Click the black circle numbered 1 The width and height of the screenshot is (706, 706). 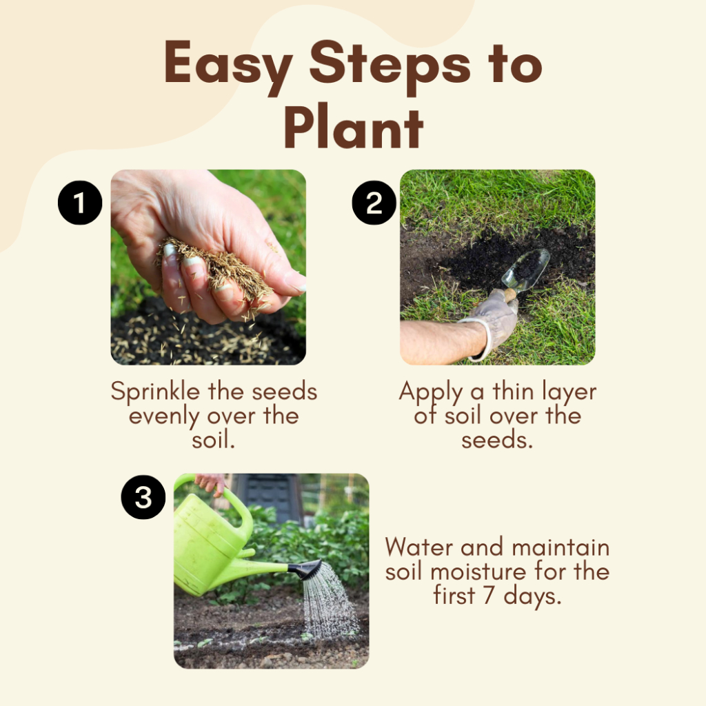click(80, 203)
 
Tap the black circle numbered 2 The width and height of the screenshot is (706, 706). click(374, 203)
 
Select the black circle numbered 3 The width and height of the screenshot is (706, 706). click(143, 497)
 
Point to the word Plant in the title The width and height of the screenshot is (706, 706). click(354, 129)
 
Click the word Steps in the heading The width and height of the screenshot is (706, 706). click(390, 65)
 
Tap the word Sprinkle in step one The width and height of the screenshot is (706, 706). click(155, 392)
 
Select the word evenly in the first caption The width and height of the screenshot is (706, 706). click(164, 416)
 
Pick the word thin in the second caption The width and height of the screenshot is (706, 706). click(513, 391)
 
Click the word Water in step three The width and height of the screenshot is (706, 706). click(419, 547)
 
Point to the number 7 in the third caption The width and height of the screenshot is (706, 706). click(489, 595)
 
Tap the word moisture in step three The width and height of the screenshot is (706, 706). click(478, 572)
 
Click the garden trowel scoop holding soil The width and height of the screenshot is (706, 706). click(527, 270)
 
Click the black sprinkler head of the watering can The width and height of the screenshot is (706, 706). click(306, 569)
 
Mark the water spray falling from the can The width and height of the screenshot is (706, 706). click(330, 601)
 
